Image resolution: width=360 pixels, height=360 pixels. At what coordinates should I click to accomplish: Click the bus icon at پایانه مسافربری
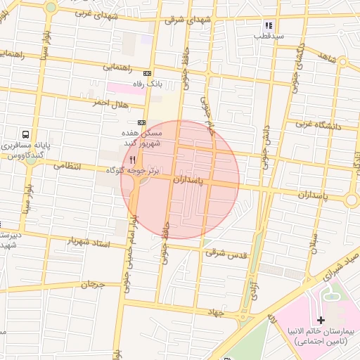[x=26, y=134]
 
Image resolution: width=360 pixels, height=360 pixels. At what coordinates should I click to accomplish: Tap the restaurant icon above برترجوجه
[x=132, y=160]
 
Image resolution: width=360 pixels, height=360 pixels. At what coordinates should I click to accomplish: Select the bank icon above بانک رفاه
[x=147, y=73]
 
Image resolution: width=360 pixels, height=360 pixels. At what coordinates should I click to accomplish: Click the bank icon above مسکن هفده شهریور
[x=143, y=122]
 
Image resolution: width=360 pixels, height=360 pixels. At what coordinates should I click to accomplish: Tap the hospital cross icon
[x=321, y=320]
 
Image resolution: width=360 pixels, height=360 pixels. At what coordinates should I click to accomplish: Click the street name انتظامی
[x=67, y=167]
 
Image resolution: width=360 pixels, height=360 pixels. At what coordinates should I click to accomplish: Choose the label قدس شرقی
[x=225, y=251]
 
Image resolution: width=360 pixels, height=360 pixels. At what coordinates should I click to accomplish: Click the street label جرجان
[x=91, y=285]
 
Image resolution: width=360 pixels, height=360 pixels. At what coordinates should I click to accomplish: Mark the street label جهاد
[x=214, y=310]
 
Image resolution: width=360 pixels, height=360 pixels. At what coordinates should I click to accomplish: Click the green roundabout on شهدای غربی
[x=51, y=8]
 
